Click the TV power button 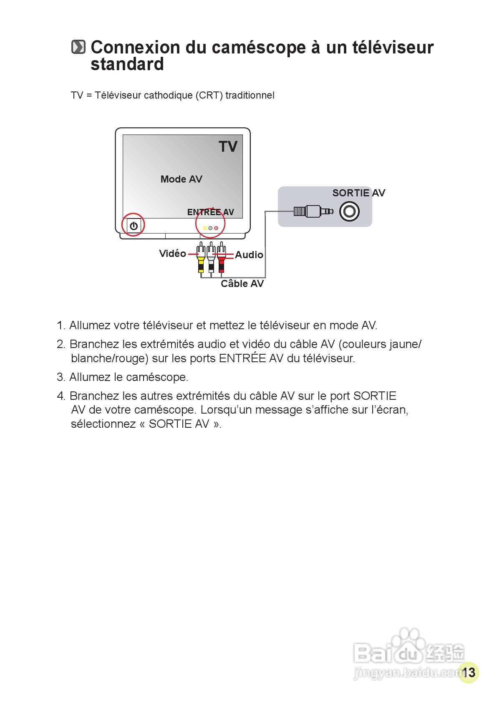(134, 226)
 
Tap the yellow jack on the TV (204, 228)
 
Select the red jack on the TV (216, 228)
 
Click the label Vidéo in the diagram (172, 254)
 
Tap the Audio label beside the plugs (249, 255)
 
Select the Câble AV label (242, 284)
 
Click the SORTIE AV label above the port (358, 193)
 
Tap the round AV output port (349, 211)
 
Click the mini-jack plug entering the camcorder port (313, 211)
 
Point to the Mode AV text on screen (181, 179)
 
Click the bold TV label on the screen (228, 147)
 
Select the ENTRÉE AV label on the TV (210, 212)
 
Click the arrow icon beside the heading (78, 47)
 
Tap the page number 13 (468, 673)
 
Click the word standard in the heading (127, 64)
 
